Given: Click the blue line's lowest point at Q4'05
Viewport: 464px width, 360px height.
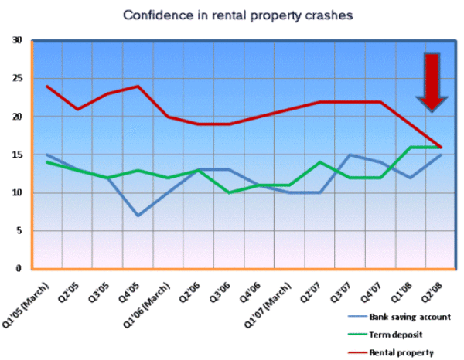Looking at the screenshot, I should pyautogui.click(x=138, y=216).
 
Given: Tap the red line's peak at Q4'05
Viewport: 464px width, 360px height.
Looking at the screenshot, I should pyautogui.click(x=138, y=86).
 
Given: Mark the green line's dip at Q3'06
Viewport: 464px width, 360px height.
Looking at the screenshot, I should pyautogui.click(x=229, y=192).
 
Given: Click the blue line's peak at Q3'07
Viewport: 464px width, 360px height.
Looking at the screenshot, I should pyautogui.click(x=350, y=155).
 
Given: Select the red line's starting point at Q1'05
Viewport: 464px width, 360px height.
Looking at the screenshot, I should pyautogui.click(x=46, y=86).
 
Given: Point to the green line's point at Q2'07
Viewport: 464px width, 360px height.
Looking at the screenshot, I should pyautogui.click(x=320, y=162).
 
